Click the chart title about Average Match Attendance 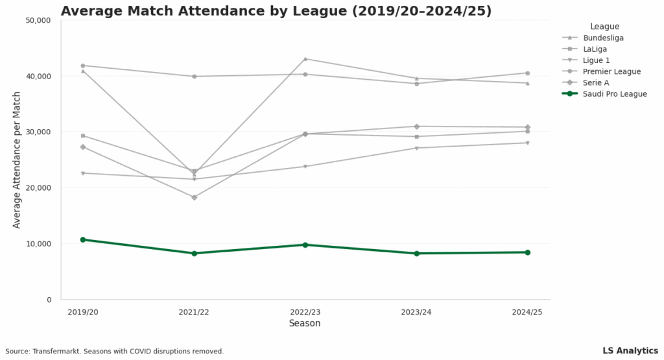point(276,11)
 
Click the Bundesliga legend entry point(603,38)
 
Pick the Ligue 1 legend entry point(597,60)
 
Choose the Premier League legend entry point(611,71)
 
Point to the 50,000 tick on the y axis point(38,20)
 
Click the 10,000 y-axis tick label point(38,244)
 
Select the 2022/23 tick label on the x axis point(305,312)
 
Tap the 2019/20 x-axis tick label point(83,312)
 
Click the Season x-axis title point(305,323)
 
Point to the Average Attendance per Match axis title point(17,160)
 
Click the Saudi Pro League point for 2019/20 point(83,240)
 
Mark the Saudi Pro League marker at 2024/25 point(527,252)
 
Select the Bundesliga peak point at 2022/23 point(305,59)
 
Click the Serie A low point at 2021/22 point(194,197)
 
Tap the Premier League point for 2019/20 point(83,66)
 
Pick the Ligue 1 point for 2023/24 point(416,148)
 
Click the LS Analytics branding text point(630,351)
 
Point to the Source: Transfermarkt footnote point(115,352)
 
